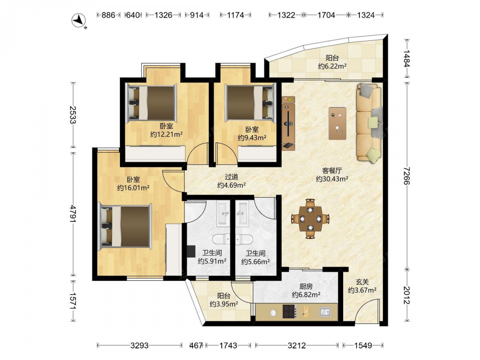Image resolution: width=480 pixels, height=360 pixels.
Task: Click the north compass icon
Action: [79, 21]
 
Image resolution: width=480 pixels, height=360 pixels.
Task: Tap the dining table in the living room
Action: [310, 218]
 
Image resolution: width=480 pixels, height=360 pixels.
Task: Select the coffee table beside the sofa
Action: [337, 123]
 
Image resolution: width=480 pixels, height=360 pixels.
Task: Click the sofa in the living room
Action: [370, 122]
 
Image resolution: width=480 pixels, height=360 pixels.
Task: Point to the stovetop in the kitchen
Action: [289, 312]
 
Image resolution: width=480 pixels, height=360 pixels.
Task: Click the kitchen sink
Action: [325, 312]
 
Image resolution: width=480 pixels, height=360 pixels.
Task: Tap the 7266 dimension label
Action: [406, 176]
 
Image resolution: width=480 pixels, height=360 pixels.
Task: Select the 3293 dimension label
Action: [139, 346]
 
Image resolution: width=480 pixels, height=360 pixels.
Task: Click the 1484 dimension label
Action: [406, 58]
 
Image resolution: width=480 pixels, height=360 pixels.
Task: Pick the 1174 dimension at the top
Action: [235, 15]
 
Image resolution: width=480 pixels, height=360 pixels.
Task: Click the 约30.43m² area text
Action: [332, 179]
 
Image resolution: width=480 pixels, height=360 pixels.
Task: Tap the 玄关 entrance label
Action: [362, 282]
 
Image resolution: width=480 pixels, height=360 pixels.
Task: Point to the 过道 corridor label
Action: [231, 177]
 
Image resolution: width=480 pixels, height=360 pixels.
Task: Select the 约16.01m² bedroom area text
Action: [133, 188]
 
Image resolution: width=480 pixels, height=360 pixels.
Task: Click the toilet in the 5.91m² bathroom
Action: [221, 239]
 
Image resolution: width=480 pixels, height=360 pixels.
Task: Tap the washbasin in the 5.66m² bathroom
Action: [243, 213]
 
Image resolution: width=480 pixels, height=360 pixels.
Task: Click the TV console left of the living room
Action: [288, 123]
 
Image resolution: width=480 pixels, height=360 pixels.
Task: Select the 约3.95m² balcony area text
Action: [224, 304]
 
